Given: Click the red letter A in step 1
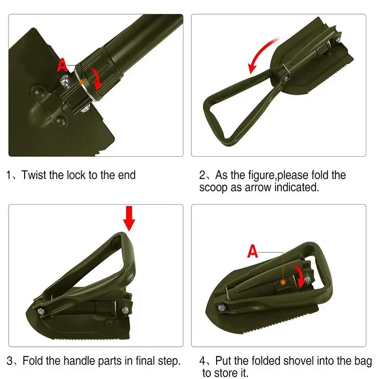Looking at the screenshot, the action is click(62, 65).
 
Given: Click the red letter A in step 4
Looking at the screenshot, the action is click(253, 251).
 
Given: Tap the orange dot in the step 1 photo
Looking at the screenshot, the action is click(81, 82).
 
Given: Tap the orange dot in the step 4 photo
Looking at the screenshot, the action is click(283, 282).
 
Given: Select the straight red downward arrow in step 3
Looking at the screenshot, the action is click(129, 218).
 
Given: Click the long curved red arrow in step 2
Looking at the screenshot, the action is click(262, 53).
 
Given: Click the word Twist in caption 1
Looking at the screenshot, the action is click(33, 175).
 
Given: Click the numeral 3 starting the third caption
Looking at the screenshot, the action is click(10, 361).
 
